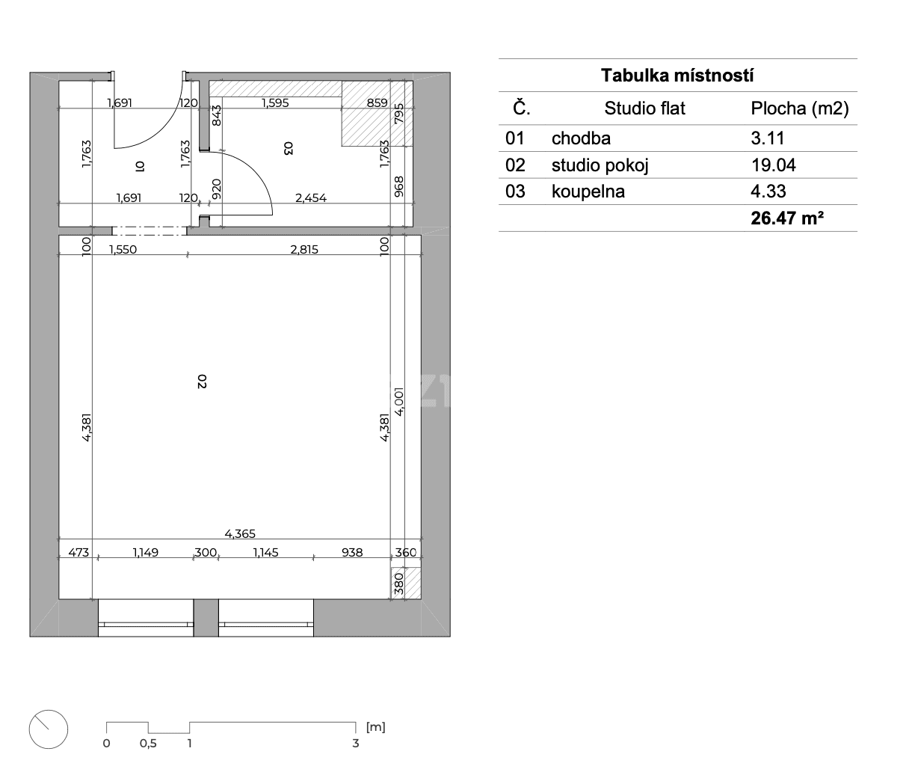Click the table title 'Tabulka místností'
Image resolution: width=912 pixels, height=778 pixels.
point(677,76)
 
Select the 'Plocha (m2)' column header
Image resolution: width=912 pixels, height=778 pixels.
point(799,108)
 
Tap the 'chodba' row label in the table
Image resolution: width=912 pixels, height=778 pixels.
point(581,138)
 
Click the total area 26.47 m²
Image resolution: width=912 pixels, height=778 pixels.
point(781,219)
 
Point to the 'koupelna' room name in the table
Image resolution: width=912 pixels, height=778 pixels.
point(588,192)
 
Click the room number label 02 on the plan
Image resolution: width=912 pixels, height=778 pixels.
point(201,382)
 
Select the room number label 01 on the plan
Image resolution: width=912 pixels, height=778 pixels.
point(138,165)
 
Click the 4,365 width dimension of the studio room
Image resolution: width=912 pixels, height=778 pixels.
point(240,533)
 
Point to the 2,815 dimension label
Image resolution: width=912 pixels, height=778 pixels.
point(304,249)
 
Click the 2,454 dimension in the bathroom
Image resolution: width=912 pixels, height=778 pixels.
point(312,198)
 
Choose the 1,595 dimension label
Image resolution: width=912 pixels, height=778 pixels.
point(275,103)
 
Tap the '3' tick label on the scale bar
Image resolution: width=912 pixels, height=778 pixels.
point(356,744)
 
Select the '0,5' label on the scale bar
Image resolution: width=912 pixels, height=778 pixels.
point(148,744)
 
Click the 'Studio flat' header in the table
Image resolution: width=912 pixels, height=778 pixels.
point(644,108)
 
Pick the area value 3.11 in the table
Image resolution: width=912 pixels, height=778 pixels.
point(768,138)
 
